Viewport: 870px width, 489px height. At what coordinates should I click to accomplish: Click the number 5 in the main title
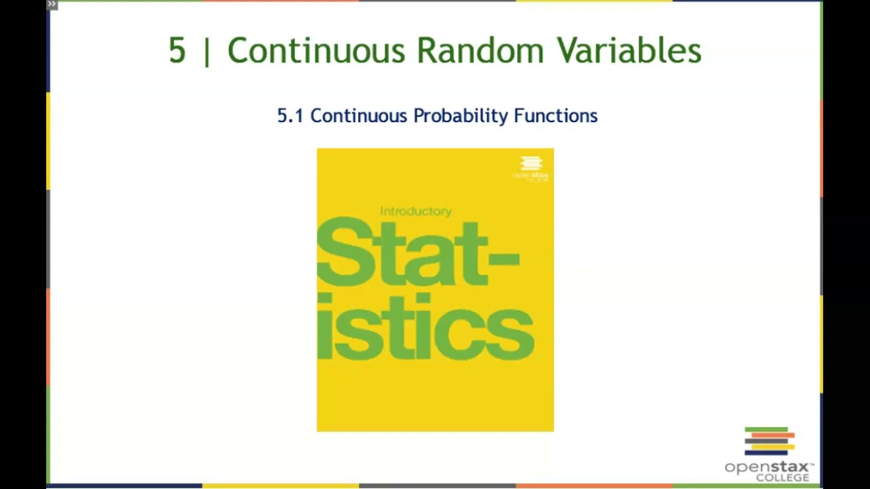click(177, 51)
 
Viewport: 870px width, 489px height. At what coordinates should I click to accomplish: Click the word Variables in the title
click(629, 51)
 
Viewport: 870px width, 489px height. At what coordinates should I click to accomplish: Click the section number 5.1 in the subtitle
click(290, 116)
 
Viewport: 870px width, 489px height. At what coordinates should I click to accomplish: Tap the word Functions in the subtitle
click(555, 116)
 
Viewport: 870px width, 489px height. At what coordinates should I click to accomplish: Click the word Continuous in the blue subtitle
click(358, 116)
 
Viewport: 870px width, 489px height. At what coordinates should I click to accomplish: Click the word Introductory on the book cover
click(415, 211)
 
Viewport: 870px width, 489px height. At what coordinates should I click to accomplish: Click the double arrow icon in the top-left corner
click(52, 4)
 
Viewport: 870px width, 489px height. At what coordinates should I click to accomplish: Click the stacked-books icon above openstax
click(769, 441)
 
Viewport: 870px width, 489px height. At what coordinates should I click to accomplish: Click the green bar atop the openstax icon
click(766, 429)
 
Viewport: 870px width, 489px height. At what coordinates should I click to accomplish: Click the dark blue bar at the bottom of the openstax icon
click(766, 453)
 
